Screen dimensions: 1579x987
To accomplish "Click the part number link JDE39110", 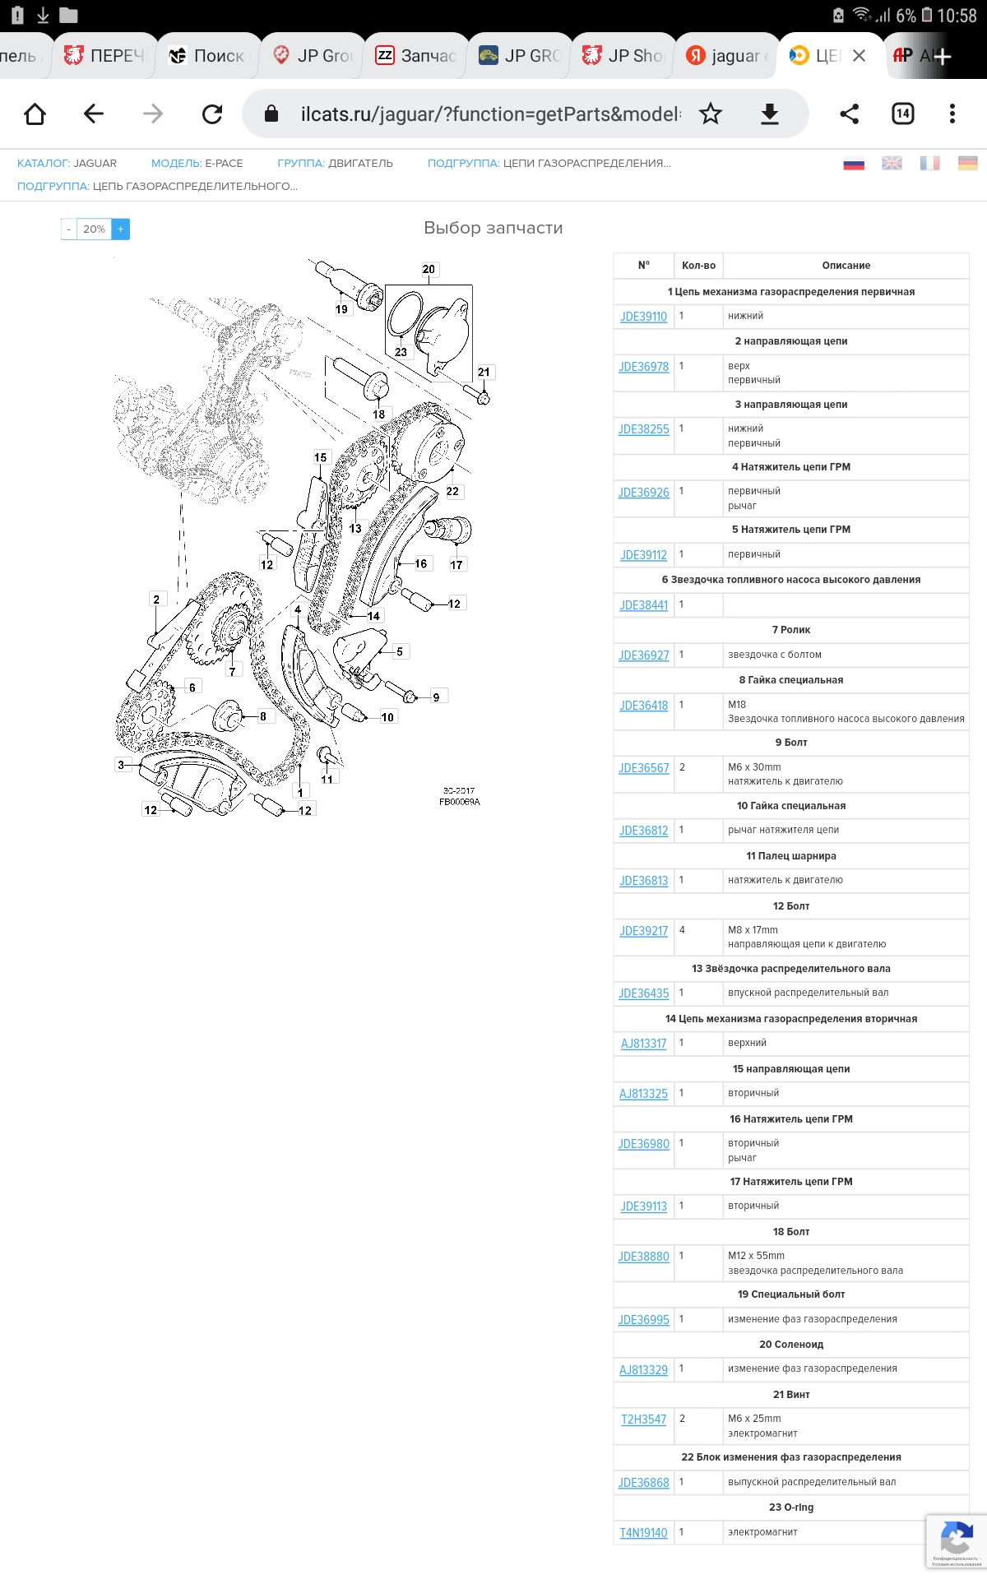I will tap(643, 317).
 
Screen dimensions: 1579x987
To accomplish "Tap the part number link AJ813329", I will tap(643, 1369).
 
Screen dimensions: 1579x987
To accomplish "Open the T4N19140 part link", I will tap(643, 1533).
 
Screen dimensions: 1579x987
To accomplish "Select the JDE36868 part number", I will tap(643, 1483).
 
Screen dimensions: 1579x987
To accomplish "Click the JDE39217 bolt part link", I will tap(643, 931).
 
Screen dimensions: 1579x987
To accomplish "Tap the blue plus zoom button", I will tap(120, 229).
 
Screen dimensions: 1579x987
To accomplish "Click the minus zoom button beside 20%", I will tap(68, 229).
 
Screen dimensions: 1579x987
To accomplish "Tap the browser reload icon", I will tap(212, 114).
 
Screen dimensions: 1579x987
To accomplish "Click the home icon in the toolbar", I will tap(35, 114).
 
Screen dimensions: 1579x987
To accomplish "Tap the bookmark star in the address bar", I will tap(711, 114).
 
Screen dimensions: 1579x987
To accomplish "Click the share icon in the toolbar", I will tap(849, 114).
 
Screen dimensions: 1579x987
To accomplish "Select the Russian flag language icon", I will tap(854, 164).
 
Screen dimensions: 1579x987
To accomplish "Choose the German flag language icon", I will tap(967, 164).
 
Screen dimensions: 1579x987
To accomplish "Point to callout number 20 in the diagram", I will tap(429, 269).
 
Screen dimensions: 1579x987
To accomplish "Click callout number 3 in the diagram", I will tap(121, 765).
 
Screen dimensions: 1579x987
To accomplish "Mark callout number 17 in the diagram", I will tap(456, 565).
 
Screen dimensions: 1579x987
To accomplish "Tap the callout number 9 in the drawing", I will tap(436, 697).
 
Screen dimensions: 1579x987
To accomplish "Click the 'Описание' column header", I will tap(846, 266).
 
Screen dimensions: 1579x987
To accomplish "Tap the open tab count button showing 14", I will tap(902, 114).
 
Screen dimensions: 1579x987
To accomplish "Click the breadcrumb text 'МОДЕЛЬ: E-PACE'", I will tap(197, 164).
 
